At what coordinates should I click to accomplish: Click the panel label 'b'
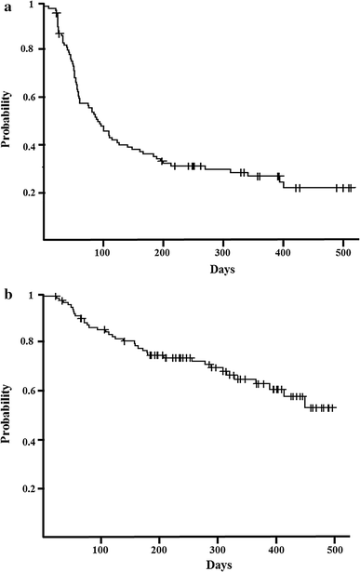[x=7, y=296]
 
